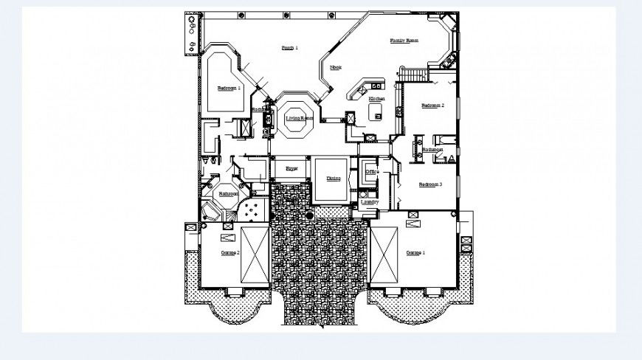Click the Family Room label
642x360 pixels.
click(x=404, y=41)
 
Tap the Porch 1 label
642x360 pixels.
click(x=289, y=48)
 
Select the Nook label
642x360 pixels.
click(x=336, y=67)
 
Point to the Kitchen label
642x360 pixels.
click(x=376, y=98)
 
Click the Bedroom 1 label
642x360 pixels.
click(x=229, y=88)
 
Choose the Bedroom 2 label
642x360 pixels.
click(x=432, y=105)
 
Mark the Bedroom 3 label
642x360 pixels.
click(x=430, y=184)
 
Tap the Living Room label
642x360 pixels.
click(x=300, y=118)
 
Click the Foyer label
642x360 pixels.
click(x=292, y=169)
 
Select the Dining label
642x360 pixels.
click(x=333, y=178)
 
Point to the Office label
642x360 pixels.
click(x=372, y=172)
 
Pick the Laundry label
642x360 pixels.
click(x=370, y=201)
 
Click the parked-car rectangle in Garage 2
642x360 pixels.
click(x=255, y=254)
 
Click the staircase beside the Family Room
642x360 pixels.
click(x=414, y=75)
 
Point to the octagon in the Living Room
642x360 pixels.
click(x=295, y=120)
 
